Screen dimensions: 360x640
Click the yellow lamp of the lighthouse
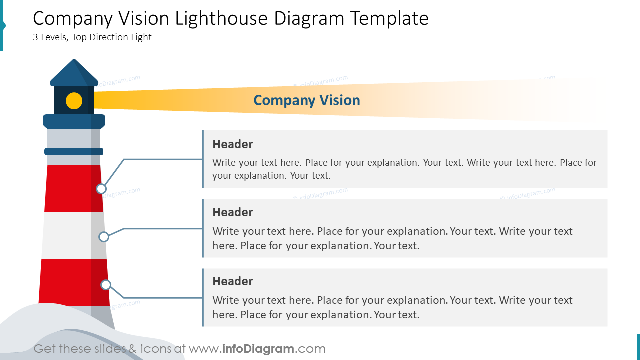point(74,101)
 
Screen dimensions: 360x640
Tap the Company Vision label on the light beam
point(307,100)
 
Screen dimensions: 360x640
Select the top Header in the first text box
point(233,144)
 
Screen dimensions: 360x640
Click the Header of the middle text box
point(233,212)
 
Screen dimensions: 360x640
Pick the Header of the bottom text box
point(233,281)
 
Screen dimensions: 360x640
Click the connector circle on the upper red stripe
point(101,189)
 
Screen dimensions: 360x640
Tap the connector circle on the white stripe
point(104,237)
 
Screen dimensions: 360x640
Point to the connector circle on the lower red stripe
point(106,285)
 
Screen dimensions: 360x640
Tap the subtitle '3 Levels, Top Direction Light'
point(92,37)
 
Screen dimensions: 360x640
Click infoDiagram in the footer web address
point(257,349)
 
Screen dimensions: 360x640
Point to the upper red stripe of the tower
point(70,188)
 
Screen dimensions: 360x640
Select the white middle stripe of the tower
point(67,235)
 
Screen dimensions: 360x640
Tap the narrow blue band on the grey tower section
point(74,151)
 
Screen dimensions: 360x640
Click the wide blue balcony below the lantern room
point(74,121)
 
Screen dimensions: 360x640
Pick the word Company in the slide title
point(73,19)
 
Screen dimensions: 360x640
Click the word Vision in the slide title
point(144,19)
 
